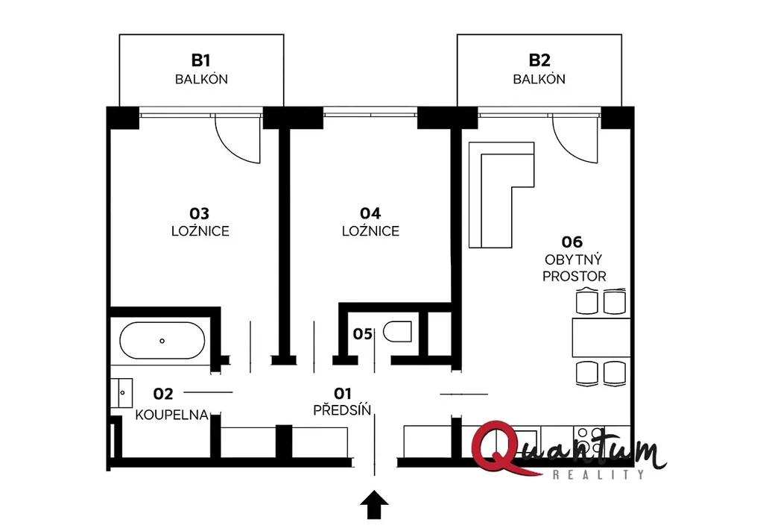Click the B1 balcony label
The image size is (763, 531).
coord(200,60)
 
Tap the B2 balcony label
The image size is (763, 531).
coord(539,60)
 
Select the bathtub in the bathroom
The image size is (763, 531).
coord(162,341)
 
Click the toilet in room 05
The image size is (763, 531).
coord(398,332)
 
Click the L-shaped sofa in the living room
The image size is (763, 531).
coord(501,195)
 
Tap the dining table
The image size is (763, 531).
coord(601,338)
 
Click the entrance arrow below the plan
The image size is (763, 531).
coord(374,505)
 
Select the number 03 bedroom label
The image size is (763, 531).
coord(199,213)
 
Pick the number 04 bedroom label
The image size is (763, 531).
coord(370,213)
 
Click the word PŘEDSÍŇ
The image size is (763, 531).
coord(342,409)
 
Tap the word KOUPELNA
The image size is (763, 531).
coord(172,415)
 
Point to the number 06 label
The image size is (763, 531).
coord(572,242)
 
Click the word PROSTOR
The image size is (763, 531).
coord(574,276)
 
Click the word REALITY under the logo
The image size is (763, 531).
coord(598,474)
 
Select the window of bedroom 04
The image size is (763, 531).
coord(370,115)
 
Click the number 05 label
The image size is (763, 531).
coord(363,334)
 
